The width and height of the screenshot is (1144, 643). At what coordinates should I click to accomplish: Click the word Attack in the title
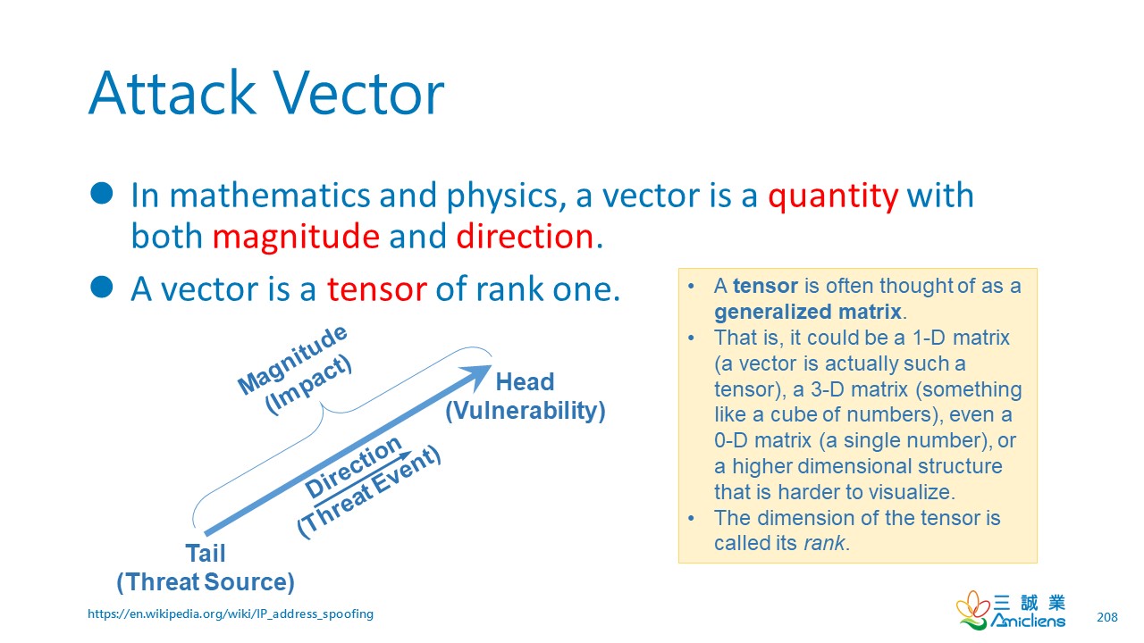(x=172, y=94)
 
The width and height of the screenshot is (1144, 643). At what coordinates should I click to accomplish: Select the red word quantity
(x=833, y=196)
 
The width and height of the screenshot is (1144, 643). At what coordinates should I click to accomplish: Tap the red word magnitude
(x=296, y=238)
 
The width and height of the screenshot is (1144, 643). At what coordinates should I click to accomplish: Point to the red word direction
(x=525, y=237)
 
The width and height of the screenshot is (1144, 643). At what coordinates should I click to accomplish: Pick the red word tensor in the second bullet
(x=377, y=289)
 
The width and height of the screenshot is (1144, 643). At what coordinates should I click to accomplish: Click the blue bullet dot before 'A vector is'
(x=102, y=287)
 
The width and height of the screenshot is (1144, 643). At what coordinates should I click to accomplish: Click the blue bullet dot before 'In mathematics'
(x=102, y=194)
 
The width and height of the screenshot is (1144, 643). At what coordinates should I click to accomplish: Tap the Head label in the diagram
(x=525, y=381)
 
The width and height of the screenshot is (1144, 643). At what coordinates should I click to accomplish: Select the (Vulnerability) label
(x=526, y=411)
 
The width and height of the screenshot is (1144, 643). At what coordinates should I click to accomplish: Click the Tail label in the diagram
(x=206, y=553)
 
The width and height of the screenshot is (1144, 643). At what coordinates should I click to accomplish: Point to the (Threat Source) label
(x=206, y=582)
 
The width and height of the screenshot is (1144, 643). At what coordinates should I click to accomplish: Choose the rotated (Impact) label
(x=309, y=385)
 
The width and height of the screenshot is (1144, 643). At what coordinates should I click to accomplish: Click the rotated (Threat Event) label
(x=369, y=492)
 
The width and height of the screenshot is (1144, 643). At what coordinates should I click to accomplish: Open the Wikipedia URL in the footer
(x=231, y=614)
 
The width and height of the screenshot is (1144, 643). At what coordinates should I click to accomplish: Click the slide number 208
(x=1107, y=617)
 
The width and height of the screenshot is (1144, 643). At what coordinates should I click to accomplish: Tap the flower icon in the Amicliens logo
(x=972, y=610)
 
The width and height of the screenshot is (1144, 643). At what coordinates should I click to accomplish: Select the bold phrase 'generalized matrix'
(x=808, y=312)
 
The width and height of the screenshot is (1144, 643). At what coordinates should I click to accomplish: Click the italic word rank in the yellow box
(x=824, y=544)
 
